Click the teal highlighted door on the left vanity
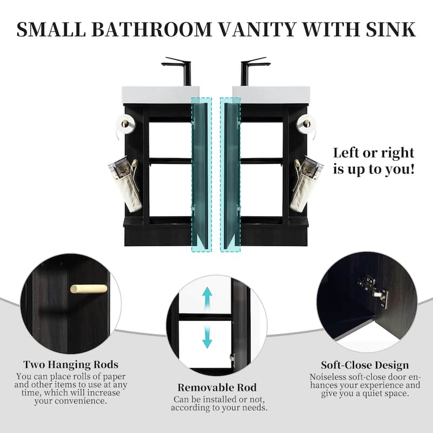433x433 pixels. (201, 170)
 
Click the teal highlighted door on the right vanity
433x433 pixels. (230, 170)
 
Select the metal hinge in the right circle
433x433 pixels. (374, 292)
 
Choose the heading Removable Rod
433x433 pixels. (217, 388)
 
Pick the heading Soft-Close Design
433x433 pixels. (365, 365)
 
